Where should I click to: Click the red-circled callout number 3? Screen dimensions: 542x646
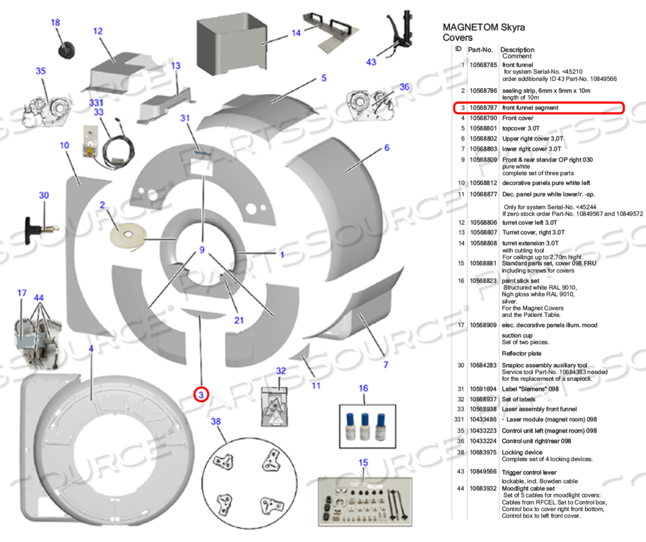tap(202, 394)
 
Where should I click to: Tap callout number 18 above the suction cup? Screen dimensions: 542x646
tap(56, 23)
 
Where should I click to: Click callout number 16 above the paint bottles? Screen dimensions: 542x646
tap(364, 389)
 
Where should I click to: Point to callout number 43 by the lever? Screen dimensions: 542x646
tap(371, 62)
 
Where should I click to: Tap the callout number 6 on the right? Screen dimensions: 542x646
tap(386, 147)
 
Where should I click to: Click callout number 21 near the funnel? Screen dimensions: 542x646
tap(239, 320)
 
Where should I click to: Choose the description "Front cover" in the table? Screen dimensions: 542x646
tap(517, 118)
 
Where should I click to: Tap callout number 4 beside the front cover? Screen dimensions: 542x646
tap(91, 349)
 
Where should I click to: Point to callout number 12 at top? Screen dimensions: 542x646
tap(98, 30)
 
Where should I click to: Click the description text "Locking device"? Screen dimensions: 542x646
tap(522, 452)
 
